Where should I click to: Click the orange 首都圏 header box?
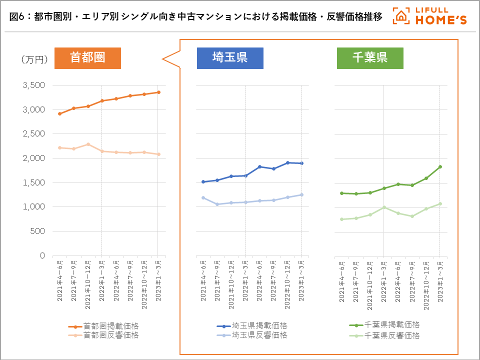click(87, 57)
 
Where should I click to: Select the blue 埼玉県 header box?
click(230, 57)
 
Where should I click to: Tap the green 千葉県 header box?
click(370, 57)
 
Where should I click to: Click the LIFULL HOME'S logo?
click(430, 16)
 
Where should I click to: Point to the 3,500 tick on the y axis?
click(34, 85)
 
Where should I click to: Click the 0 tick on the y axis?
click(42, 255)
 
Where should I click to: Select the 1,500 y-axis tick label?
click(34, 182)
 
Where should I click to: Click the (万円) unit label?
click(34, 60)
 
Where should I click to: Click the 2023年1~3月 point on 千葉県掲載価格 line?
click(440, 167)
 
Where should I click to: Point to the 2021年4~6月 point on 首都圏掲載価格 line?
click(59, 114)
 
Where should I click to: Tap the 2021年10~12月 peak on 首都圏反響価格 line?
click(88, 144)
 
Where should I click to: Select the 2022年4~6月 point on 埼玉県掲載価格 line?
click(259, 167)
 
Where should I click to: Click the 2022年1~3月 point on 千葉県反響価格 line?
click(383, 207)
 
